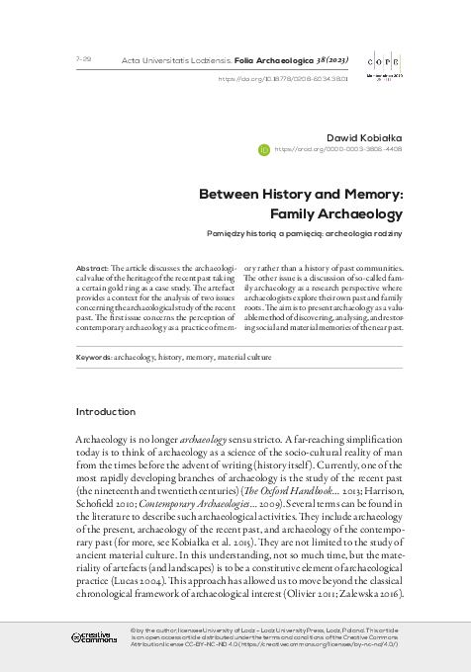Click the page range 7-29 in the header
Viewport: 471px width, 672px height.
(83, 60)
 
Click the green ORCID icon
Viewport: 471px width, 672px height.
(263, 150)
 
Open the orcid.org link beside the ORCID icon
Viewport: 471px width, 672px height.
(337, 150)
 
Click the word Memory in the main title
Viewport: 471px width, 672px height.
(376, 194)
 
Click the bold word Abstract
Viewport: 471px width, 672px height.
(93, 269)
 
